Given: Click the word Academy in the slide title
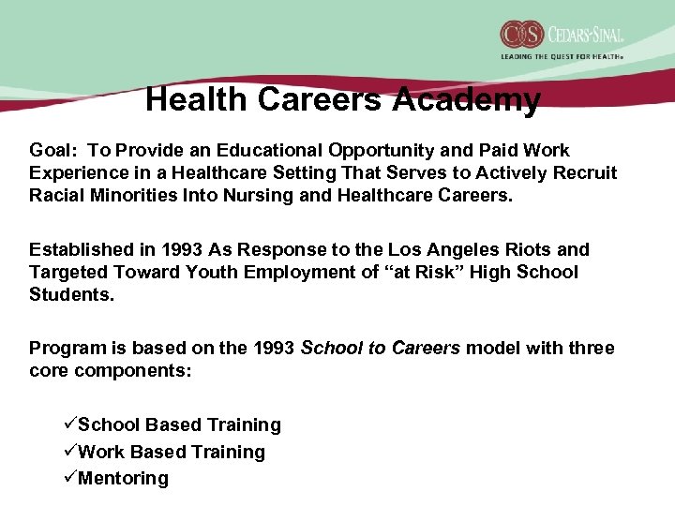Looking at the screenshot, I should pyautogui.click(x=466, y=99).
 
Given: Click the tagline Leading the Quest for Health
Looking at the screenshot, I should pyautogui.click(x=562, y=57).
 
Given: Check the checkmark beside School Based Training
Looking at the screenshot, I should pyautogui.click(x=69, y=424).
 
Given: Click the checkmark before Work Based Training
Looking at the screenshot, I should pyautogui.click(x=69, y=452).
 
